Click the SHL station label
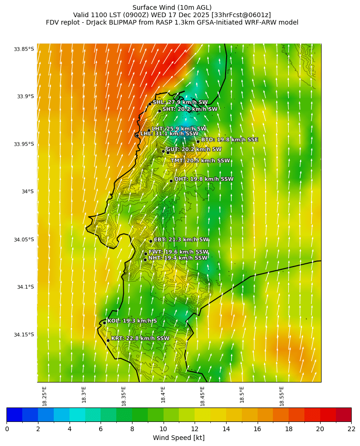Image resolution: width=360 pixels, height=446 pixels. pyautogui.click(x=180, y=102)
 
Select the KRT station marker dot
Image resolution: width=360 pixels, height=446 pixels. pyautogui.click(x=108, y=340)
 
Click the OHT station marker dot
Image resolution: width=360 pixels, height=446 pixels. pyautogui.click(x=171, y=181)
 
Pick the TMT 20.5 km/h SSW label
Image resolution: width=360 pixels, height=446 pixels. pyautogui.click(x=200, y=161)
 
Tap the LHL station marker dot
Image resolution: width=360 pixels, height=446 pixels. pyautogui.click(x=137, y=135)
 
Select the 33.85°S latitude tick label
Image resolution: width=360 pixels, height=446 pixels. pyautogui.click(x=24, y=49)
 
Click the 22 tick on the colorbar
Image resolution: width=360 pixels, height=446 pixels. pyautogui.click(x=351, y=429)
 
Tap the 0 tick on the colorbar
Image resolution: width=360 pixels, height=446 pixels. pyautogui.click(x=7, y=429)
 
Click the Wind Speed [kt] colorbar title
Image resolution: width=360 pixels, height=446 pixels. pyautogui.click(x=179, y=438)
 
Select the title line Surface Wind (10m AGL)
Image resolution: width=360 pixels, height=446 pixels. pyautogui.click(x=172, y=7)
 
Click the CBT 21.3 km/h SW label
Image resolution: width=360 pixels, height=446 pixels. pyautogui.click(x=181, y=240)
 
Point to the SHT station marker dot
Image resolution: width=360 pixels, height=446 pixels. pyautogui.click(x=159, y=111)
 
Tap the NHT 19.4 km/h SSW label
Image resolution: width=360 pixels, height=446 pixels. pyautogui.click(x=178, y=258)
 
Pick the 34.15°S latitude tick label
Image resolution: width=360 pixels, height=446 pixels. pyautogui.click(x=24, y=335)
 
